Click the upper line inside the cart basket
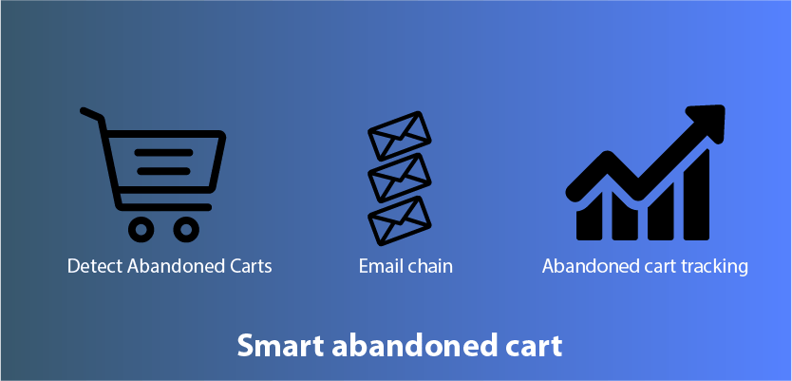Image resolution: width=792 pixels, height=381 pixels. [163, 153]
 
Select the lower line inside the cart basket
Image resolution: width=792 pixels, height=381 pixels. [163, 171]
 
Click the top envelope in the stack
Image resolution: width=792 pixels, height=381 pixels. [399, 136]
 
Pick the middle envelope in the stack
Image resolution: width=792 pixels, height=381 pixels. [399, 178]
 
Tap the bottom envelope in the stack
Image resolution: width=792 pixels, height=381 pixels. [399, 220]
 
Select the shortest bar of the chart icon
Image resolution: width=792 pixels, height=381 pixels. [589, 219]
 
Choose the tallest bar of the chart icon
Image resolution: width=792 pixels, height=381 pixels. [696, 195]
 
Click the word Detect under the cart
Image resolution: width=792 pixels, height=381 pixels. [95, 266]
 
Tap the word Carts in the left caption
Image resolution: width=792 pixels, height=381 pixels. [251, 266]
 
